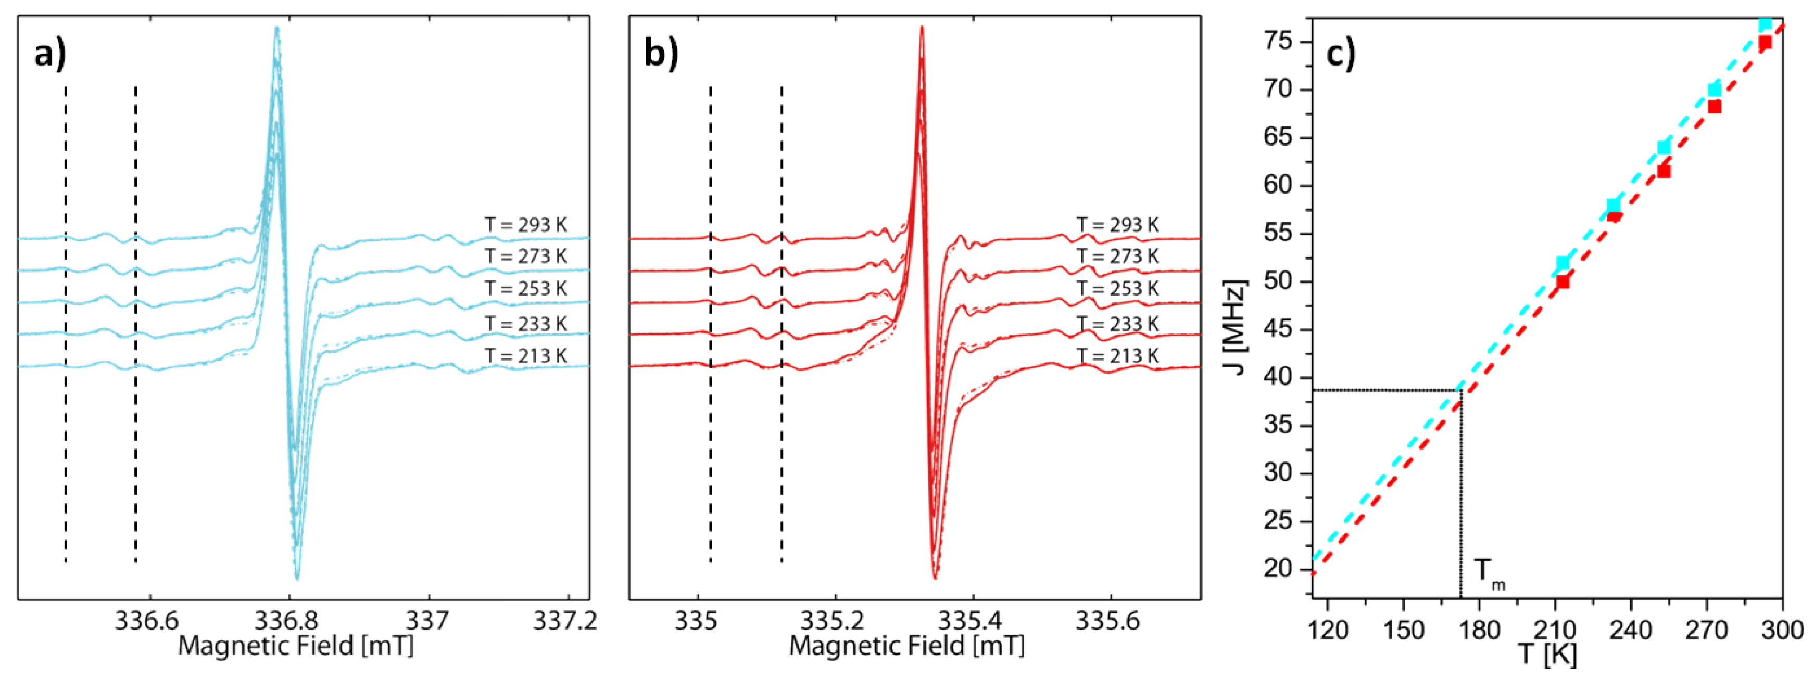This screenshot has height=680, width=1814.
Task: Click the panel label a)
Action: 50,54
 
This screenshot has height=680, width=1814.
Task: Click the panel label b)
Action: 661,54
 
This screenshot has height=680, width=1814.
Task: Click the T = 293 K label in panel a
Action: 525,225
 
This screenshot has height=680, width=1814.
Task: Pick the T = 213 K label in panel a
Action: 525,356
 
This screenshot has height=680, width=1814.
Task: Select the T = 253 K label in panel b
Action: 1117,289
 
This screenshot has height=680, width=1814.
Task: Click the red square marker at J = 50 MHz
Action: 1563,281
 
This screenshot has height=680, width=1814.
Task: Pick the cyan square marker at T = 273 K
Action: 1715,89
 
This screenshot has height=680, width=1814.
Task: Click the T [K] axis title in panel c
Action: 1546,655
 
